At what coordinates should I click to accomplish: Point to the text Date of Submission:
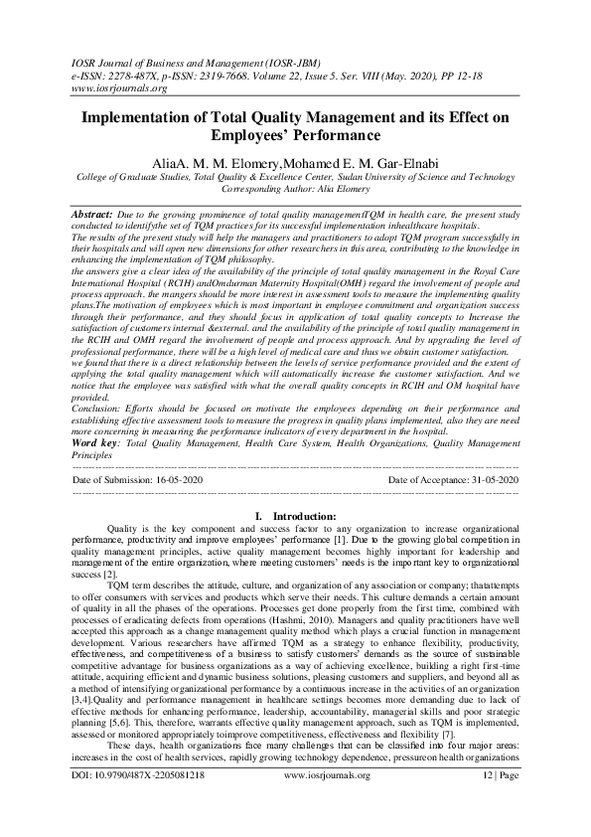tap(113, 480)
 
